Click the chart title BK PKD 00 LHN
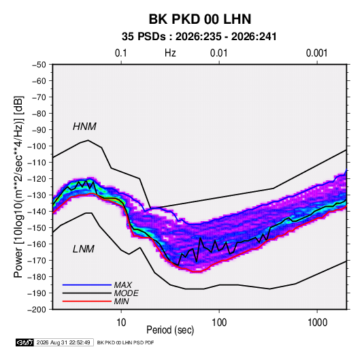point(200,19)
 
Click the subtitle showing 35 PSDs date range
point(199,37)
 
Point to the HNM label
point(84,127)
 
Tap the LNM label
point(84,249)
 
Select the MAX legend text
point(122,285)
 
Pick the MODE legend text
point(126,293)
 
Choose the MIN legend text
point(121,301)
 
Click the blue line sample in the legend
point(87,285)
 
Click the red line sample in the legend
point(87,301)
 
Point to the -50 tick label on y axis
point(39,65)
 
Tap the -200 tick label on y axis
point(37,310)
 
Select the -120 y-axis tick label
point(37,179)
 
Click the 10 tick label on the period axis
point(121,323)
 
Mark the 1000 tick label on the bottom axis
point(317,323)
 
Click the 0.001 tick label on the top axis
point(316,53)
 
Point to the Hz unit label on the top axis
point(170,53)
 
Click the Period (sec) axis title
point(170,330)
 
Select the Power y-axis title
point(18,186)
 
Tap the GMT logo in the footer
point(24,342)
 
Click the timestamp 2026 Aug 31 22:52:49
point(63,342)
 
